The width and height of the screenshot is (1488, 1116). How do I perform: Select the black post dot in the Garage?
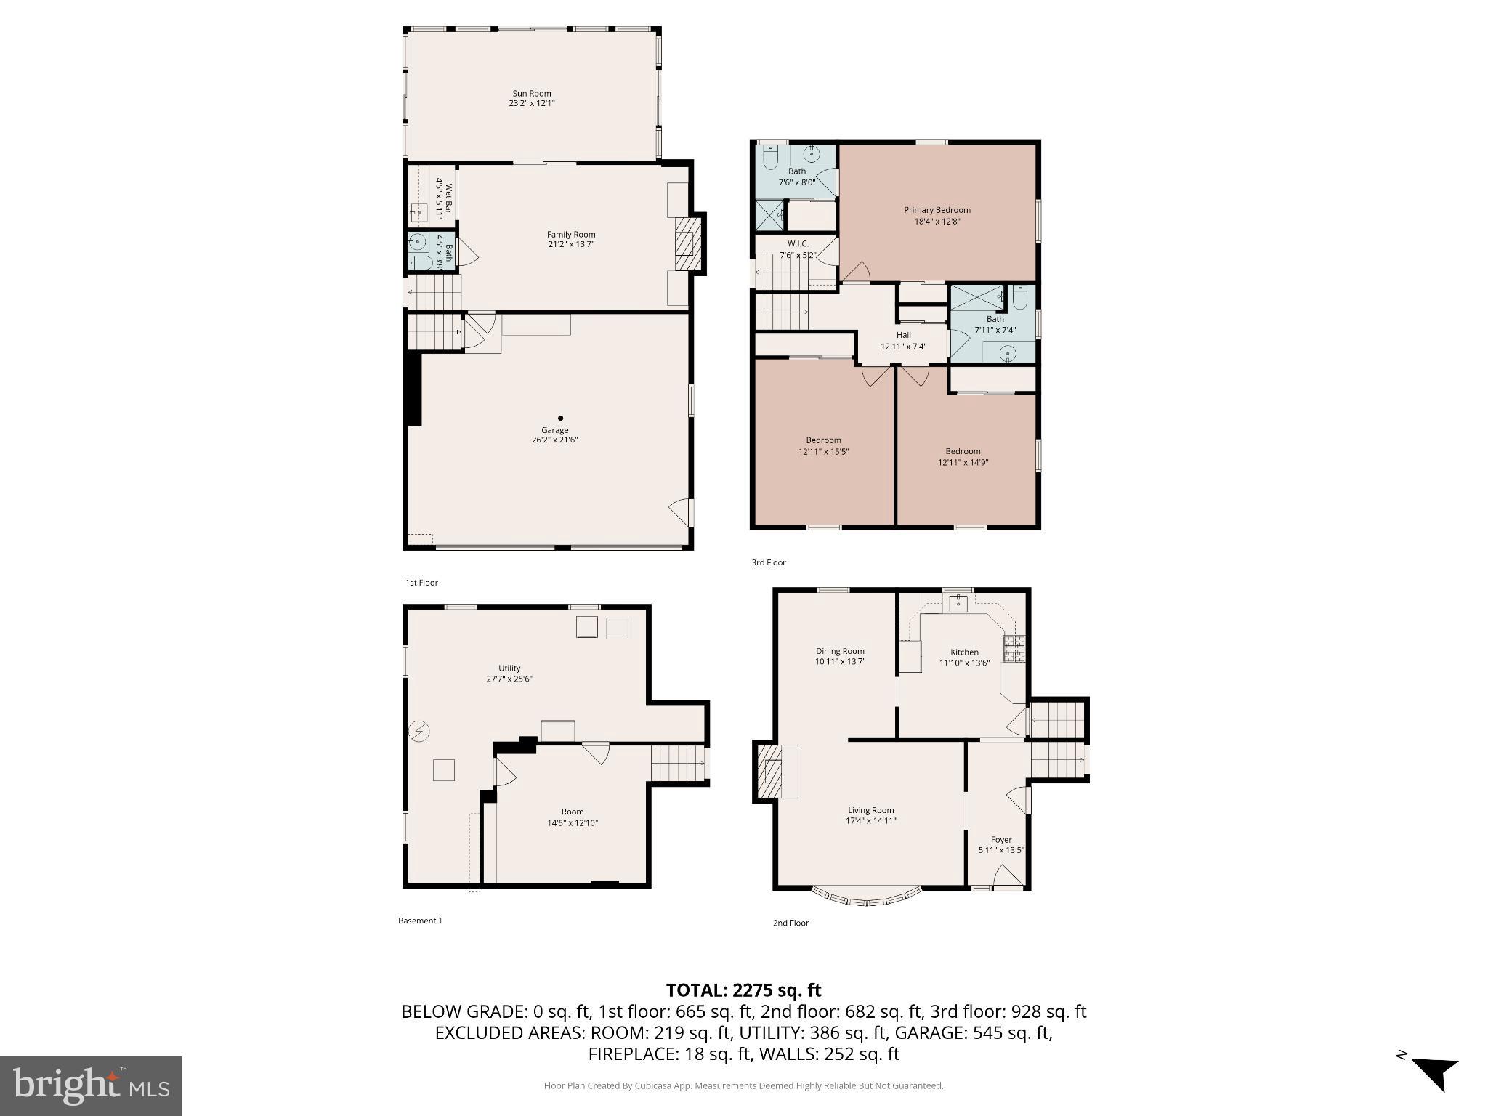560,418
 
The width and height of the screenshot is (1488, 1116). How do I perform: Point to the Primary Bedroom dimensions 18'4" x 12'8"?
937,222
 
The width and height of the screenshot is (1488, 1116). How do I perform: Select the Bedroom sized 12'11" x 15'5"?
823,445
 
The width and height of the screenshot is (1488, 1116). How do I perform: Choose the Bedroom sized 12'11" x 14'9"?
963,456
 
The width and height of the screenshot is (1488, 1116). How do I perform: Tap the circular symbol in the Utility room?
418,730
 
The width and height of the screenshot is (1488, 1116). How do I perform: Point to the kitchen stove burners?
1014,648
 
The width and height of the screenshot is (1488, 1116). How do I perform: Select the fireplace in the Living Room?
772,771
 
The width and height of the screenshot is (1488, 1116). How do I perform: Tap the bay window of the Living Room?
866,898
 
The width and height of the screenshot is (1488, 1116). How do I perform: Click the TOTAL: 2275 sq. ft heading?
743,990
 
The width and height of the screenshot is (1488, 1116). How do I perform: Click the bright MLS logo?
91,1085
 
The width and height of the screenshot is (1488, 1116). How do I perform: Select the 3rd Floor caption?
768,562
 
